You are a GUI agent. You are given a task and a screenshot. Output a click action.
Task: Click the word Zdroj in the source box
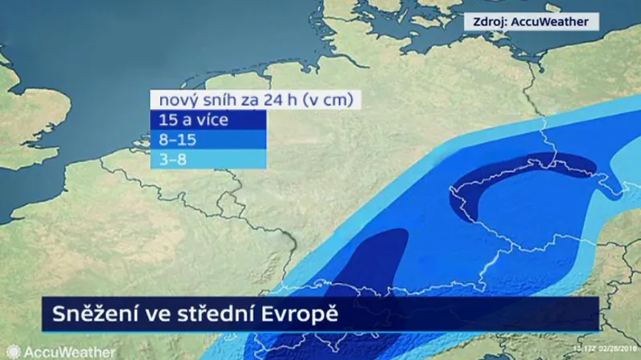(x=490, y=22)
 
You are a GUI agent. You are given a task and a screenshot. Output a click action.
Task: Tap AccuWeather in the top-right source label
(x=554, y=22)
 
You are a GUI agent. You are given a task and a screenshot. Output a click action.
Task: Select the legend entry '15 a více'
(x=195, y=121)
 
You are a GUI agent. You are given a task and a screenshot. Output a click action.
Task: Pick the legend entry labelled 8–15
(x=178, y=140)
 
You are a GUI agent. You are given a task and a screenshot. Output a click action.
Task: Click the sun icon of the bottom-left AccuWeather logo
(x=14, y=352)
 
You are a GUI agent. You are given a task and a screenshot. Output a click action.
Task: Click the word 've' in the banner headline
(x=158, y=313)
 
